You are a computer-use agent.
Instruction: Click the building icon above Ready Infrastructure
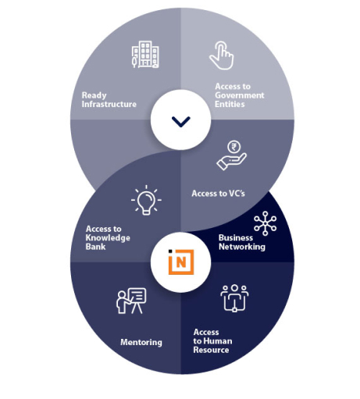pos(145,55)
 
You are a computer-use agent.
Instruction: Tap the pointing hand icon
pos(222,55)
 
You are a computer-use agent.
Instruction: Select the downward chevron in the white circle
pos(181,122)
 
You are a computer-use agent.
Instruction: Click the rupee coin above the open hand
pos(234,147)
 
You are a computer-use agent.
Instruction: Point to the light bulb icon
pos(146,200)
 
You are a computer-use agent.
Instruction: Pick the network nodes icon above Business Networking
pos(265,223)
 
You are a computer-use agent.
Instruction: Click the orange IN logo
pos(181,262)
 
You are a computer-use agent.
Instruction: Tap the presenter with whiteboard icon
pos(131,301)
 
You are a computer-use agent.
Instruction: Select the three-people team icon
pos(234,298)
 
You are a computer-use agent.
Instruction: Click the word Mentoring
pos(141,342)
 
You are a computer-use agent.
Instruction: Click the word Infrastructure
pos(109,104)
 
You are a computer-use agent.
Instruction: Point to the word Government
pos(240,95)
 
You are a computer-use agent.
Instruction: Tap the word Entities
pos(230,104)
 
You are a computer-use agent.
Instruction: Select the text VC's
pos(237,194)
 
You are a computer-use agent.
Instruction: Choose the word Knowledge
pos(108,238)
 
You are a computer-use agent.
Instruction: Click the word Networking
pos(242,247)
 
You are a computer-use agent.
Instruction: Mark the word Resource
pos(211,350)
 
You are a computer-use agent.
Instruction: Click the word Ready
pos(94,95)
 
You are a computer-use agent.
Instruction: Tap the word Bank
pos(95,247)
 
